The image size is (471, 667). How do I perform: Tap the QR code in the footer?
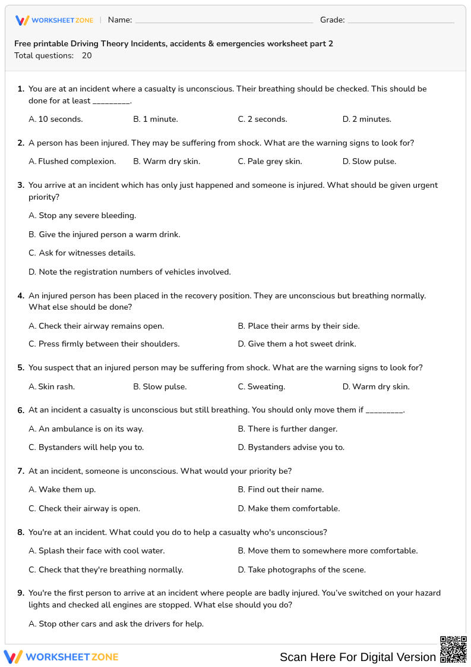(x=453, y=649)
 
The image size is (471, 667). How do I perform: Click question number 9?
(x=21, y=593)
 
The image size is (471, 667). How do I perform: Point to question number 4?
(x=21, y=296)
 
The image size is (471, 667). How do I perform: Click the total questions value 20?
(x=87, y=56)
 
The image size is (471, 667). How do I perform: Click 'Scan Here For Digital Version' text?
(x=358, y=657)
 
